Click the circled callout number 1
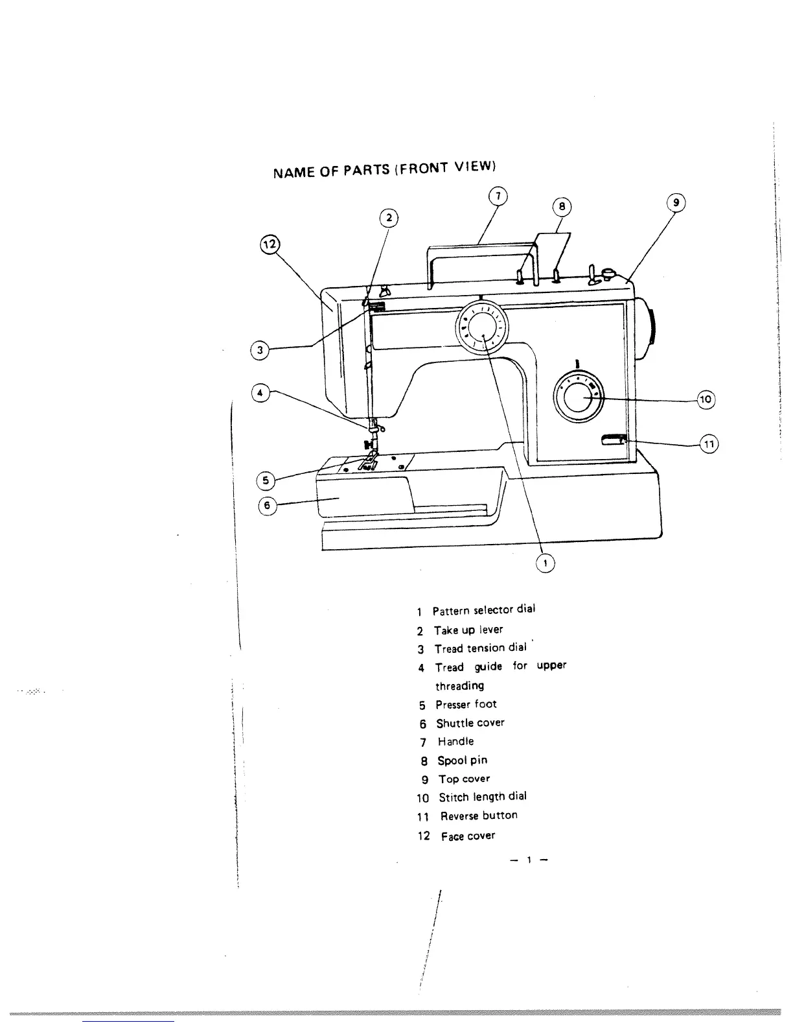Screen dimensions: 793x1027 pyautogui.click(x=546, y=563)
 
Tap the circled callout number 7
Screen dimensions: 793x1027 pyautogui.click(x=497, y=196)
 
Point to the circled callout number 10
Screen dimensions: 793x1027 pyautogui.click(x=706, y=399)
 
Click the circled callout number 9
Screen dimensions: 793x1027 pyautogui.click(x=676, y=202)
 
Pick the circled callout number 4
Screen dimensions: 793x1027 pyautogui.click(x=260, y=393)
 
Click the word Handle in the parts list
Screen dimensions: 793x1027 pyautogui.click(x=455, y=741)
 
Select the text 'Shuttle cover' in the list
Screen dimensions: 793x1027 pyautogui.click(x=470, y=722)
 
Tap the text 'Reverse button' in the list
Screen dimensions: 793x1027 pyautogui.click(x=479, y=816)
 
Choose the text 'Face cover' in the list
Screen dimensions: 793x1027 pyautogui.click(x=468, y=836)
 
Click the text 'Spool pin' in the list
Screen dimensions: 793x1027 pyautogui.click(x=462, y=760)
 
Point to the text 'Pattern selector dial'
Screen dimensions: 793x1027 pyautogui.click(x=483, y=610)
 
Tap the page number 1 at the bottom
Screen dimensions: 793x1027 pyautogui.click(x=529, y=860)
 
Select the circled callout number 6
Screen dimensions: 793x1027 pyautogui.click(x=268, y=505)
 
